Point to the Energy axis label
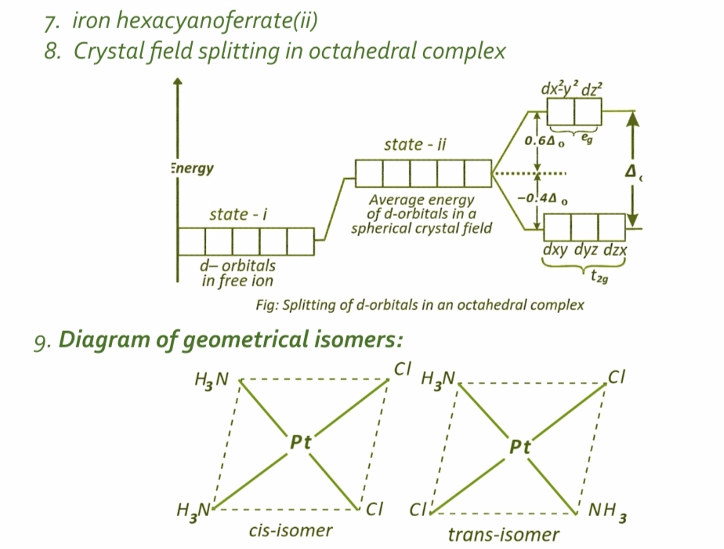tap(192, 168)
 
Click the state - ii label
tap(415, 145)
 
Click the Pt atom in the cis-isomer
tap(302, 442)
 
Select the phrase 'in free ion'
tap(237, 280)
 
